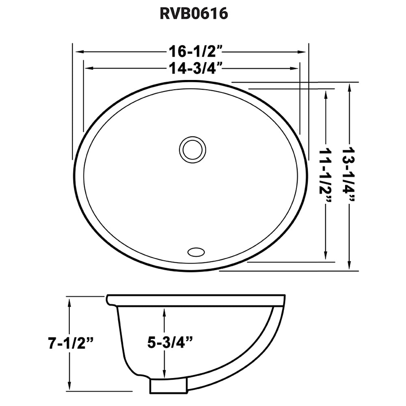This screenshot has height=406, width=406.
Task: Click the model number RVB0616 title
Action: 193,14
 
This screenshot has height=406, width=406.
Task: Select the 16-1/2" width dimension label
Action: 193,52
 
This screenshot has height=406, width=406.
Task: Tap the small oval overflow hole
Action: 196,251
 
